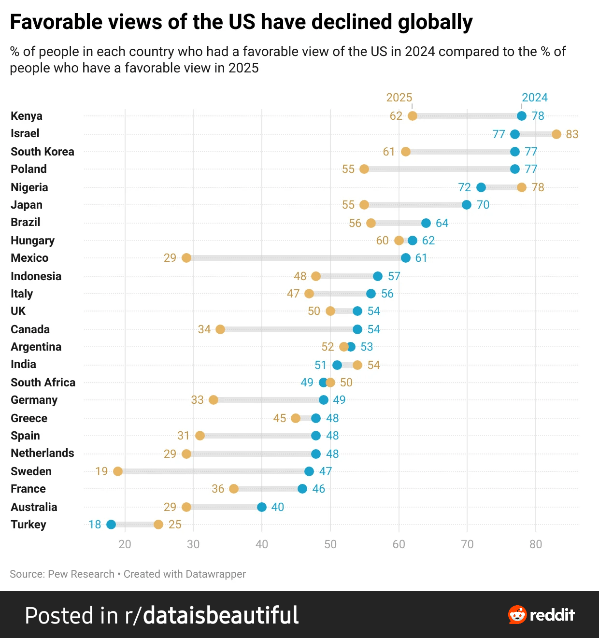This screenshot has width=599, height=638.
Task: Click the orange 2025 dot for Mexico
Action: (x=186, y=257)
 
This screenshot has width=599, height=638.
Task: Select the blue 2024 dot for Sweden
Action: (x=309, y=471)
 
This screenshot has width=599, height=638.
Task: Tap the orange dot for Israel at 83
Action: (x=556, y=134)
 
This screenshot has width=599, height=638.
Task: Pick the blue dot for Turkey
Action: (x=111, y=525)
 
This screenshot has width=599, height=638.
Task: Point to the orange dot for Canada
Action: (x=220, y=329)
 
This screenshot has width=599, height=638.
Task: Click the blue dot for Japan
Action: (x=467, y=204)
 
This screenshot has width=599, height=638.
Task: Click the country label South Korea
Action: (x=43, y=152)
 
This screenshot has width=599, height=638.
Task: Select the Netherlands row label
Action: (x=43, y=453)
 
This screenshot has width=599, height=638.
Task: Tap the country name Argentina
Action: (x=36, y=347)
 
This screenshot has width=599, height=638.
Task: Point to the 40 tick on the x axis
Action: (x=262, y=544)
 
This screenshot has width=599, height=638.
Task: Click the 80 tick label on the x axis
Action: (x=536, y=544)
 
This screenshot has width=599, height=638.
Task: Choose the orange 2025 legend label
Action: (x=399, y=98)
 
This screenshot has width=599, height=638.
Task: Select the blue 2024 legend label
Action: (x=535, y=98)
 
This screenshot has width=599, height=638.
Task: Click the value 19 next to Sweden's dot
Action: (x=101, y=471)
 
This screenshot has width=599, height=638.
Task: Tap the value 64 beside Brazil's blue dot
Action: (x=442, y=223)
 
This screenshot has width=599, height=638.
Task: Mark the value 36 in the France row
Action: (x=218, y=489)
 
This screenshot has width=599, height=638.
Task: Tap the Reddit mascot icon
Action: (x=517, y=615)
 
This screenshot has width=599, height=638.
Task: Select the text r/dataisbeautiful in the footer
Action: (x=212, y=615)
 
